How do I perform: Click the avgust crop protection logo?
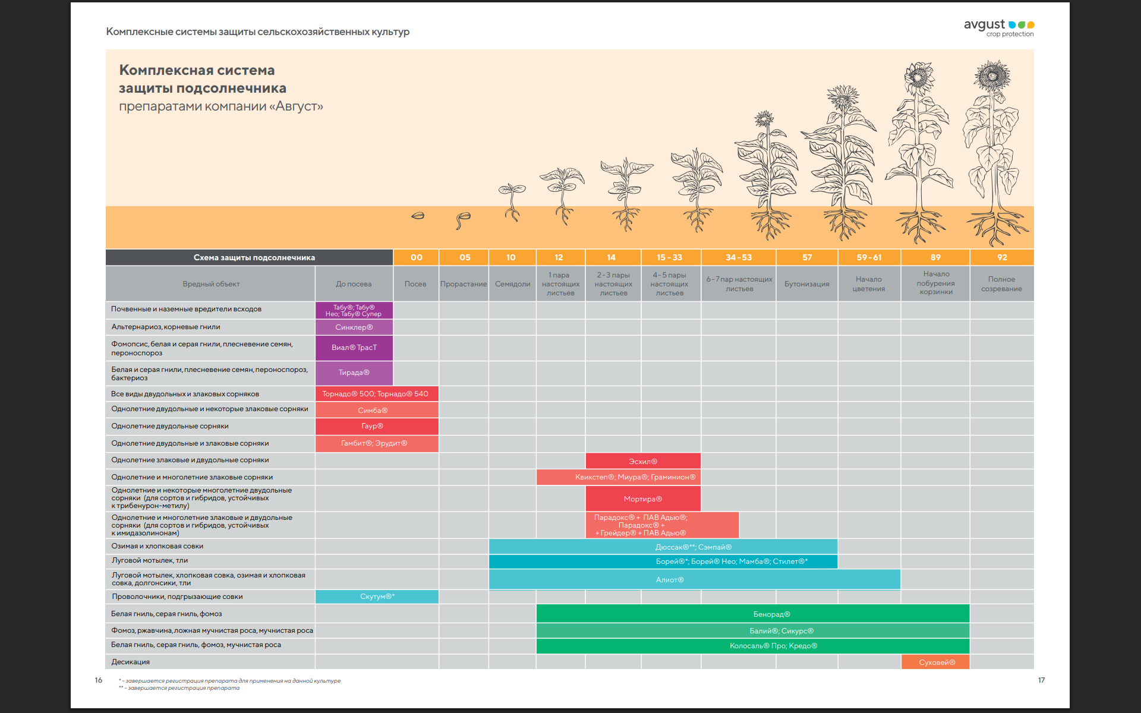click(999, 27)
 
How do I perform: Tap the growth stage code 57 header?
click(806, 257)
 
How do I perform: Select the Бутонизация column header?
click(806, 284)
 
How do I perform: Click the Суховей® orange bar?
click(936, 662)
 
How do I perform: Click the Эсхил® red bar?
click(642, 461)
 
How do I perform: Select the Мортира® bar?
click(642, 499)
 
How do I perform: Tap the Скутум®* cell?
click(377, 597)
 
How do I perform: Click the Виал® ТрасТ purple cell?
click(354, 348)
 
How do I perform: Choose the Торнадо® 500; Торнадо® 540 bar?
click(376, 394)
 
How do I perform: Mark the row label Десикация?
click(131, 662)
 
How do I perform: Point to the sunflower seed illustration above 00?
click(418, 216)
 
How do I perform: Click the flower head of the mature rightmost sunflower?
click(992, 75)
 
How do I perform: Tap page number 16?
click(98, 680)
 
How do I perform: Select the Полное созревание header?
click(1001, 284)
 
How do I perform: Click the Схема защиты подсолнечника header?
click(254, 257)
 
